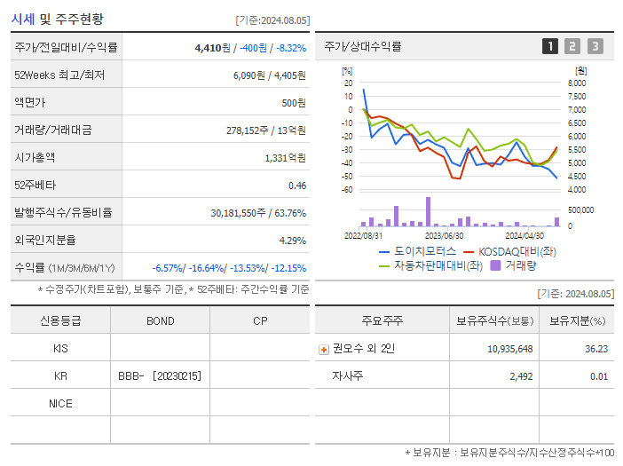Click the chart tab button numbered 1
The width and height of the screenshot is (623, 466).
pyautogui.click(x=550, y=46)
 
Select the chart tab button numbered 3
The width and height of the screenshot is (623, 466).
pyautogui.click(x=595, y=46)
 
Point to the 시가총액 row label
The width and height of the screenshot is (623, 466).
pyautogui.click(x=35, y=157)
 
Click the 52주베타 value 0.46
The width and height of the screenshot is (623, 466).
pyautogui.click(x=296, y=185)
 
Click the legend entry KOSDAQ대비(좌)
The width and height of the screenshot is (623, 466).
pyautogui.click(x=507, y=251)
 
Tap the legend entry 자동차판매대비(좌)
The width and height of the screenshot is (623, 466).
pyautogui.click(x=430, y=265)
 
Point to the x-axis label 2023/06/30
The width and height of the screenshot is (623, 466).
pyautogui.click(x=444, y=235)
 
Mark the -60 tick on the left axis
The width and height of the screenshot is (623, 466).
pyautogui.click(x=347, y=189)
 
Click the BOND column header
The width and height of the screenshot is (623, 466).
pyautogui.click(x=160, y=320)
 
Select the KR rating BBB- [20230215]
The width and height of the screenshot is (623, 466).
pyautogui.click(x=160, y=375)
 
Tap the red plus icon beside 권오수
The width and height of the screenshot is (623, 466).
pyautogui.click(x=323, y=349)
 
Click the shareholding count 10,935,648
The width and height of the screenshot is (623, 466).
pyautogui.click(x=509, y=349)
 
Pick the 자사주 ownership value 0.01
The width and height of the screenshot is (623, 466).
pyautogui.click(x=599, y=376)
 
